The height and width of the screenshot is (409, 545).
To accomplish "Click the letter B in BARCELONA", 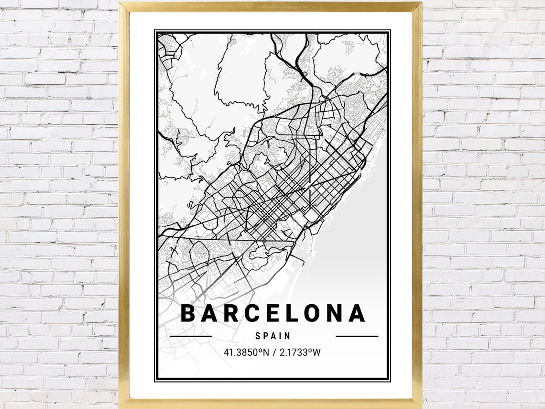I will coord(189,313).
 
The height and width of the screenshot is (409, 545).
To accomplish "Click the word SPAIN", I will coord(273,336).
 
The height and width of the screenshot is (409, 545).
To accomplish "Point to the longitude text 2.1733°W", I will coord(301,353).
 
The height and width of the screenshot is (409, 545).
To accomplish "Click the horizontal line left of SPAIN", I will coord(191,336).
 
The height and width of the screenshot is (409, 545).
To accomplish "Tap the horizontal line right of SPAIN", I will coord(357,336).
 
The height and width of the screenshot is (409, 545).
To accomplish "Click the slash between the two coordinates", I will coord(274,353).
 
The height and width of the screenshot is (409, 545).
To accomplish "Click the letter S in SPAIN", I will coord(258,336).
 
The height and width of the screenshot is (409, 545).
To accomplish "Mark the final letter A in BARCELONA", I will coord(357,313).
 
